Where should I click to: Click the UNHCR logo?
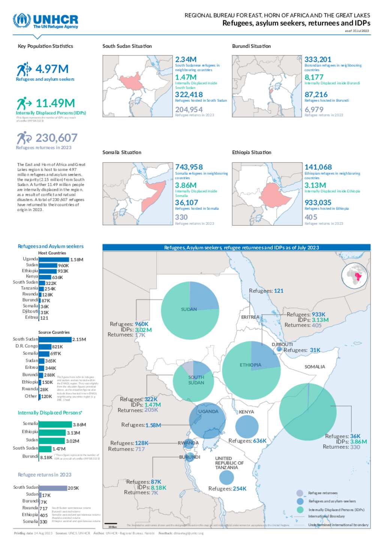tap(45, 21)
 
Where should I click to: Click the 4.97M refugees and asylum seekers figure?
tap(52, 69)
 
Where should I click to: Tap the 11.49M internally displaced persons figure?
tap(55, 103)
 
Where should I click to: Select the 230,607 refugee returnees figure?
tap(56, 138)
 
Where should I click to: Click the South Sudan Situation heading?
tap(127, 46)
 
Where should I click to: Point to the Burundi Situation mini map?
tap(267, 86)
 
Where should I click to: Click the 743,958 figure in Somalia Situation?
tap(189, 167)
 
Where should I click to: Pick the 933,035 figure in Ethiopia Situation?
tap(318, 202)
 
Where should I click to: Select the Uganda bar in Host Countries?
tap(54, 259)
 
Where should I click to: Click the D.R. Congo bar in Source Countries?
tap(45, 346)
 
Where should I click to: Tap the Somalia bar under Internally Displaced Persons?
tap(55, 424)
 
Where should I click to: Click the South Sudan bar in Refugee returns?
tap(53, 488)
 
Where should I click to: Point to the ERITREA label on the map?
tap(250, 317)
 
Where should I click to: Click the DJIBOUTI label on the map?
tap(282, 344)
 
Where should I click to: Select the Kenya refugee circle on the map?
tap(247, 426)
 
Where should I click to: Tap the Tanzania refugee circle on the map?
tap(226, 477)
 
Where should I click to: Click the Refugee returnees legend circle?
tap(300, 493)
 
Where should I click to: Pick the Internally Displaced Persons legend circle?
tap(300, 510)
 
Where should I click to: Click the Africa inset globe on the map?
tap(355, 276)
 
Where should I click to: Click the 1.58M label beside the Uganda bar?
tap(77, 259)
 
